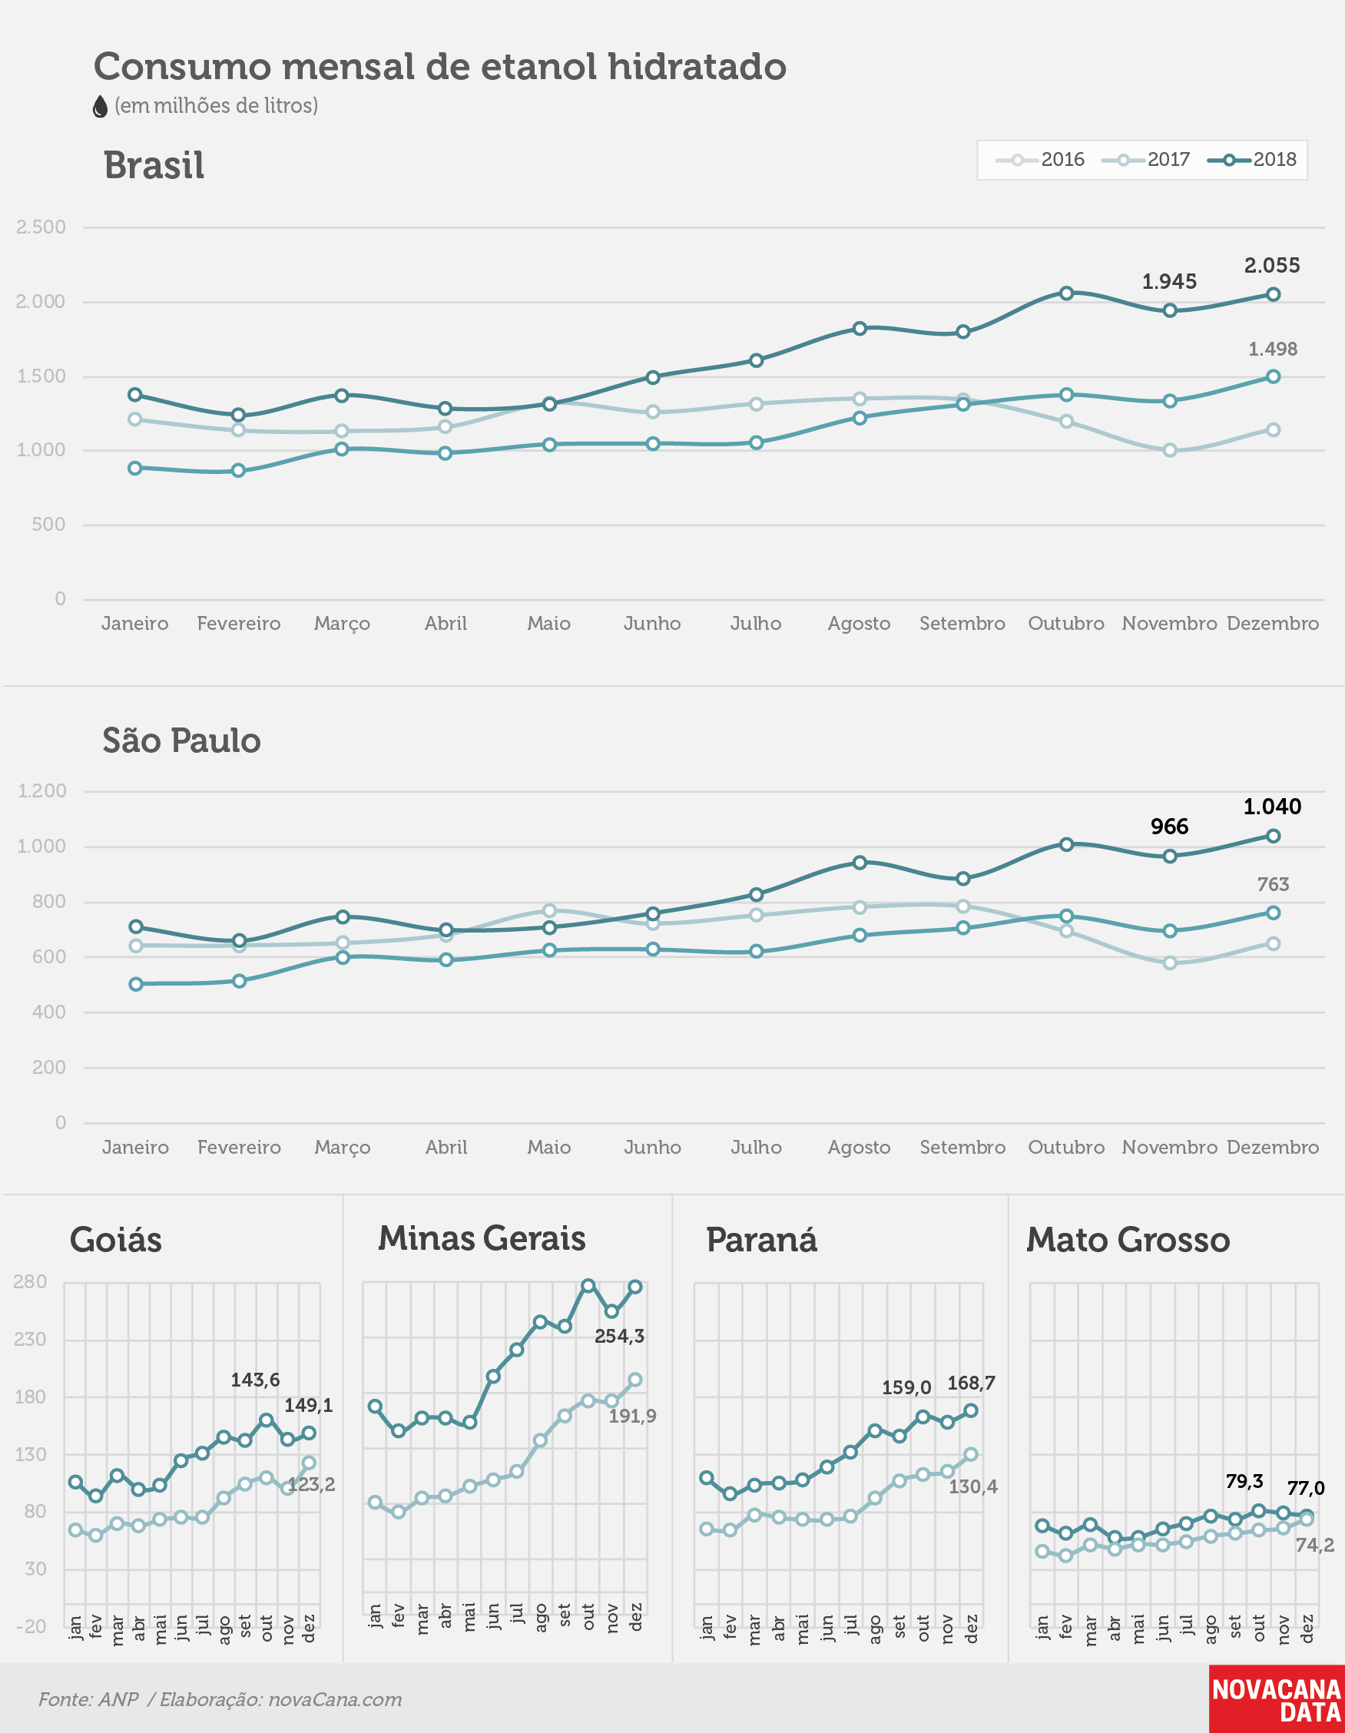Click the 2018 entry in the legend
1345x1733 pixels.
coord(1251,160)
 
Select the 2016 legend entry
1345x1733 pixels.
coord(1039,160)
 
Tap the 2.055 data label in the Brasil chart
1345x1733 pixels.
coord(1272,266)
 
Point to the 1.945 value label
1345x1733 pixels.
coord(1169,282)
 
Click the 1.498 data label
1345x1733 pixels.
coord(1273,350)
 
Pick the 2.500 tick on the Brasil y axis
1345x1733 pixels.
coord(41,227)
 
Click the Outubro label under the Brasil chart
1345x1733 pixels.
coord(1065,624)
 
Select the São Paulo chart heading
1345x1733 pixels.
coord(182,740)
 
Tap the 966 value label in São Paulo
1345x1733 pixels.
coord(1170,827)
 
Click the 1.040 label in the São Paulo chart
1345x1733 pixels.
coord(1272,807)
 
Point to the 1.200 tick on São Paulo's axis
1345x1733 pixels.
coord(42,791)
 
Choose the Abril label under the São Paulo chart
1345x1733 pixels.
coord(446,1148)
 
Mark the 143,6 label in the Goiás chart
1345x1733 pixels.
coord(256,1380)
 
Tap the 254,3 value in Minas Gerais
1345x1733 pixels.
coord(620,1337)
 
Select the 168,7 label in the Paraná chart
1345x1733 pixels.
coord(971,1383)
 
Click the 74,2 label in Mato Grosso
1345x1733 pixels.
coord(1315,1545)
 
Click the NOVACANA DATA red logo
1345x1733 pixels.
coord(1277,1699)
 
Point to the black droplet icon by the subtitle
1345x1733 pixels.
coord(100,106)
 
